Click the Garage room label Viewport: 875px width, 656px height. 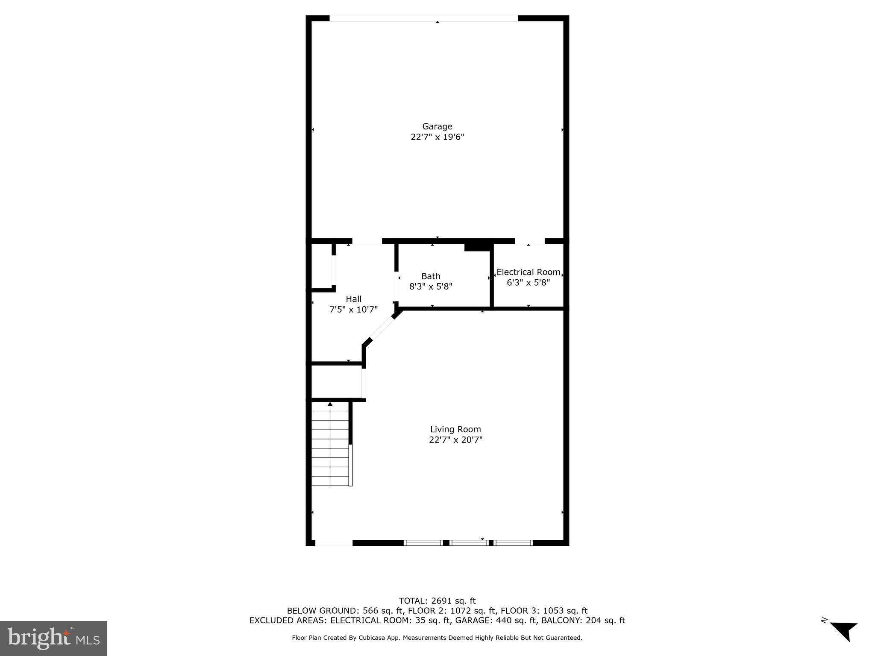437,126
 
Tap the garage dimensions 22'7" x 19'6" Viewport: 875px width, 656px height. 437,137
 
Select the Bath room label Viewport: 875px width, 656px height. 430,276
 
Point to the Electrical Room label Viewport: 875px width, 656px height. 528,272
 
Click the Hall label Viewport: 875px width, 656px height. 353,299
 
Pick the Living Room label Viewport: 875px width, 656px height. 455,429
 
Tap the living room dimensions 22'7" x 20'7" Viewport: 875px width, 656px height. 455,440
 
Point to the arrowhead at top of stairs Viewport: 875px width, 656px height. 330,404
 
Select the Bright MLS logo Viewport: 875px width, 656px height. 53,638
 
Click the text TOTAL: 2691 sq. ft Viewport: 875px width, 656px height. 437,601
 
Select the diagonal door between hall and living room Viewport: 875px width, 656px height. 382,328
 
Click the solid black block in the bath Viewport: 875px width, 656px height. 478,247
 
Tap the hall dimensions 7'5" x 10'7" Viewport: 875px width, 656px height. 353,310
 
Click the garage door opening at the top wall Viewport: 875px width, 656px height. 423,18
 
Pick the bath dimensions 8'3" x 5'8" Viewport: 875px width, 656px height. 430,287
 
